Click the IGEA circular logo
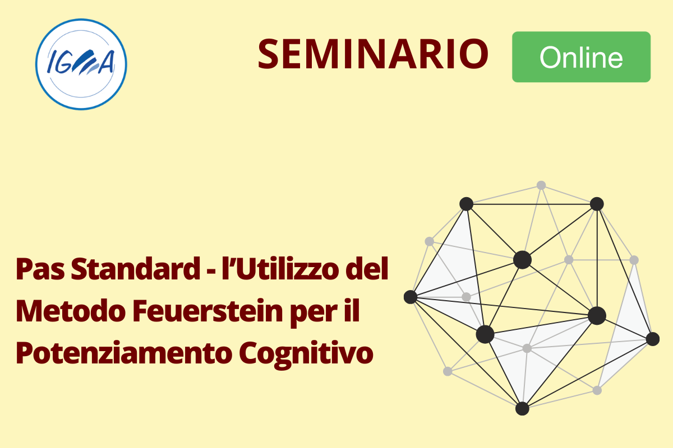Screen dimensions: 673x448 coord(81,64)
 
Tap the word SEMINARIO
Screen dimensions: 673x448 coord(373,54)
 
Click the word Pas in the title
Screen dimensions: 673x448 coord(40,269)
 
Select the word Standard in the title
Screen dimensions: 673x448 coord(136,269)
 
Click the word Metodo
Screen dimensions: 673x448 coord(71,311)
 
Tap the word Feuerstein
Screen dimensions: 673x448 coord(208,311)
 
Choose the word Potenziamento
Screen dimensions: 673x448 coord(123,353)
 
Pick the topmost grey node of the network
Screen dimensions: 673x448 coord(541,185)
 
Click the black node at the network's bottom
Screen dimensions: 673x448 coord(522,408)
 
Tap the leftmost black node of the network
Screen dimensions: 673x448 coord(411,297)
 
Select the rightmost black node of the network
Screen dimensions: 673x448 coord(653,339)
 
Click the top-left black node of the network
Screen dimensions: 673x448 coord(466,204)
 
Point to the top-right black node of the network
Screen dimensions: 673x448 coord(597,204)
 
